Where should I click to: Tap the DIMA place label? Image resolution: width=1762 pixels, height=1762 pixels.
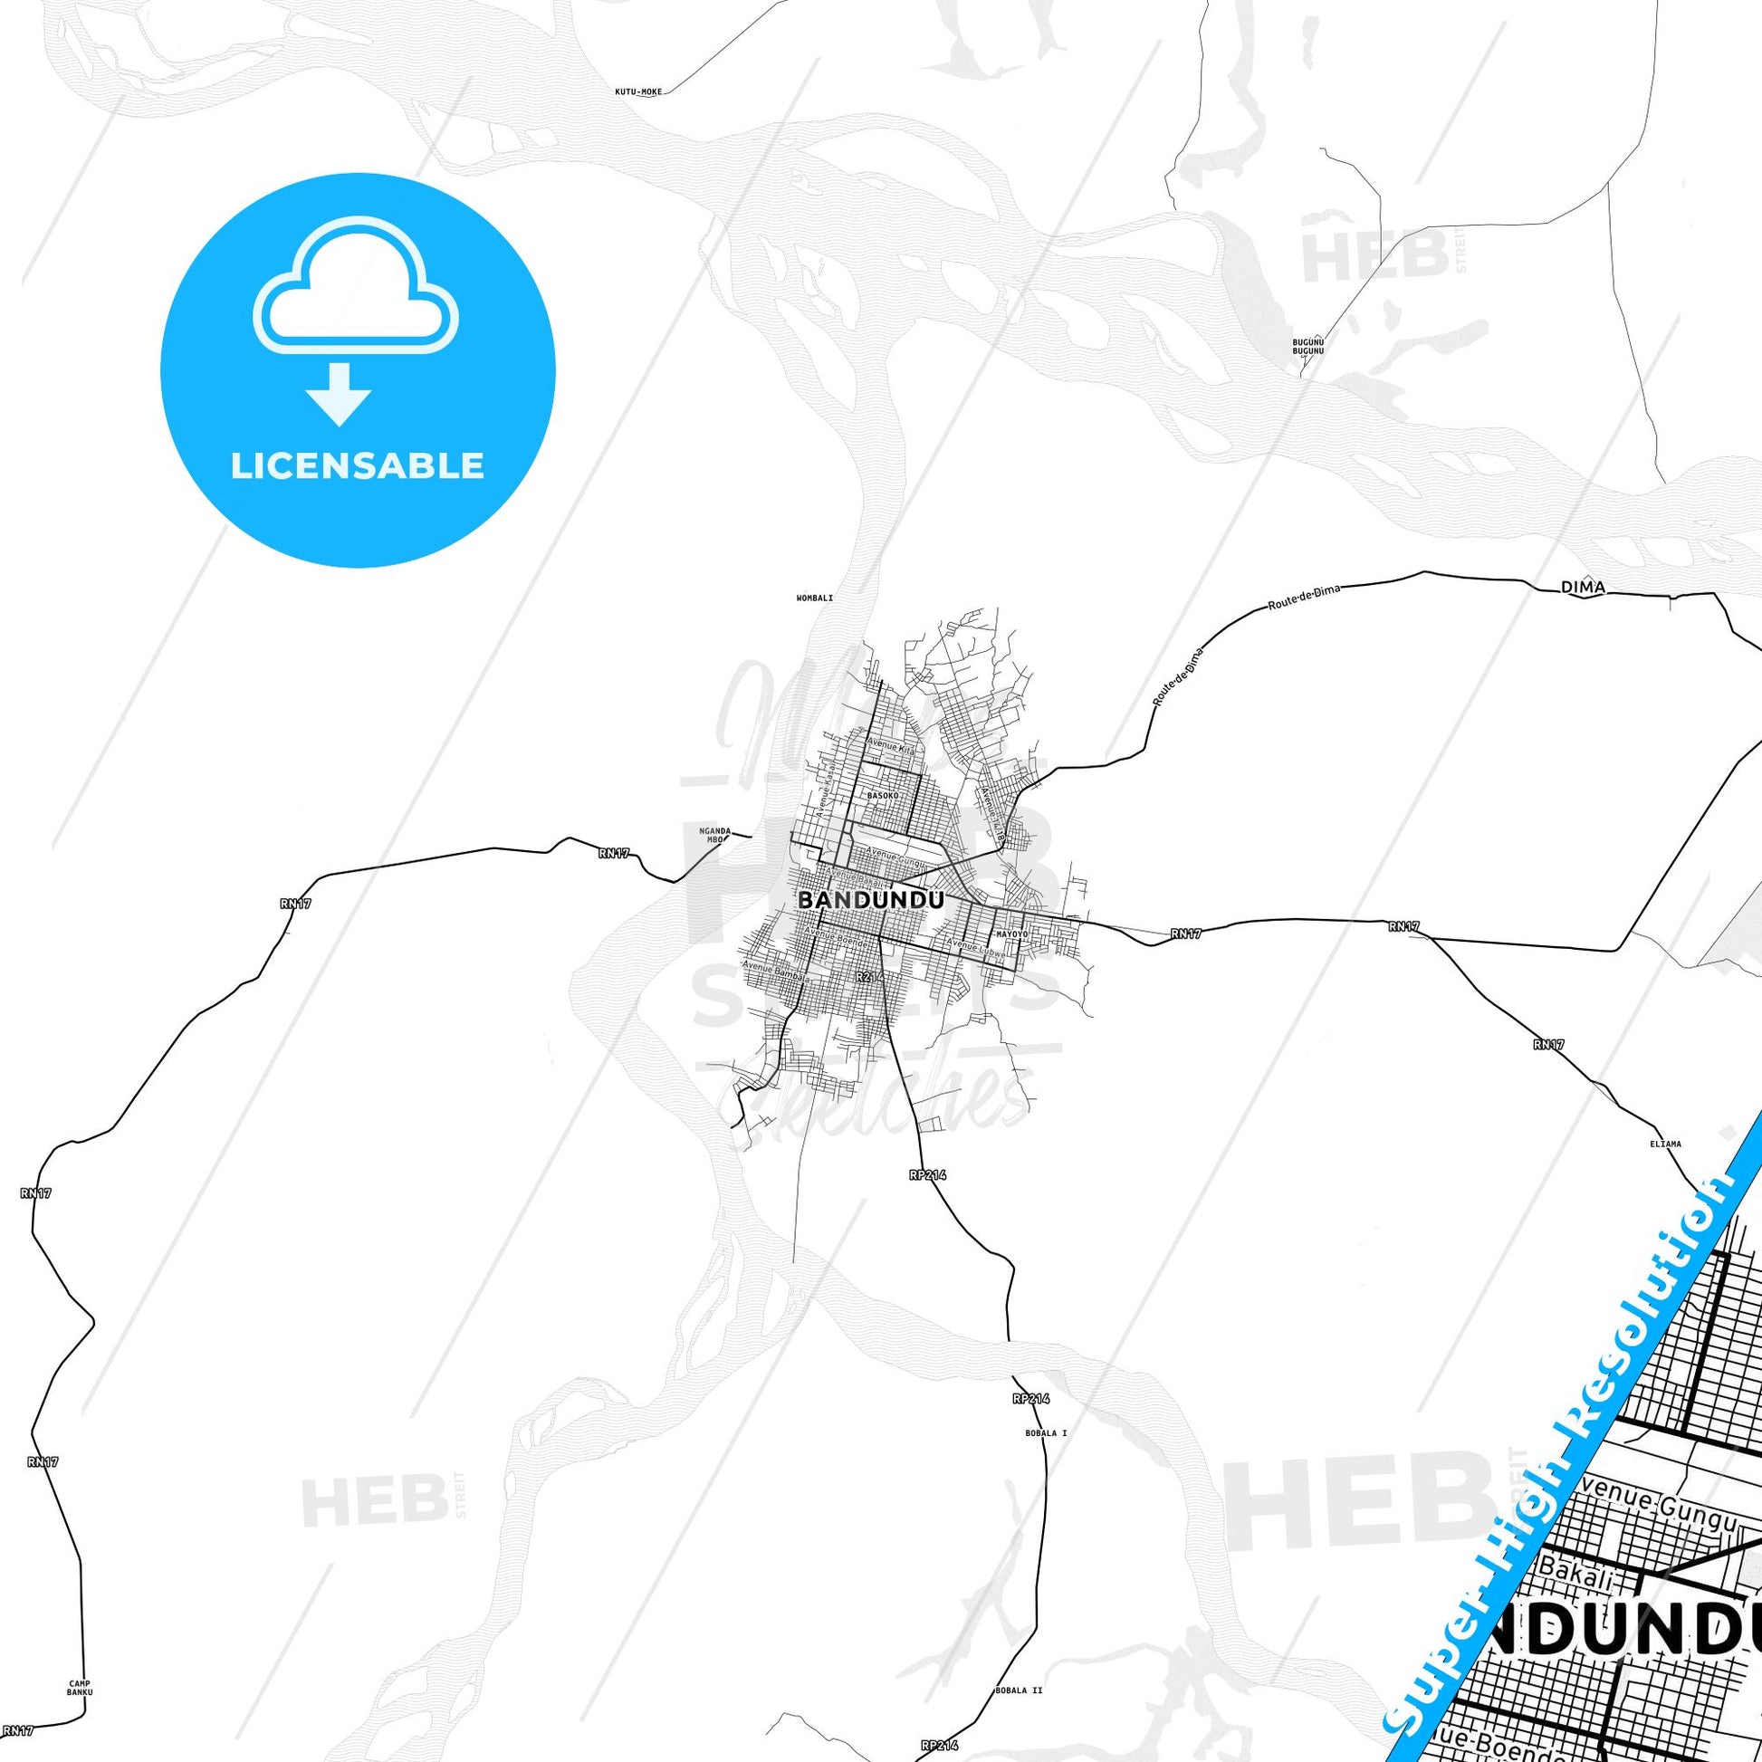[1584, 589]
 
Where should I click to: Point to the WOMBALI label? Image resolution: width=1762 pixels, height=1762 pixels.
[814, 599]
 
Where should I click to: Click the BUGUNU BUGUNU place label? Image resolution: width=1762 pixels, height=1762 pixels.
[1307, 346]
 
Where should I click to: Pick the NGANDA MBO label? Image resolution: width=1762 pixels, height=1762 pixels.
[715, 835]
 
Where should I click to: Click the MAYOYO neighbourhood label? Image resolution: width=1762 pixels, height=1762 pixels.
[1011, 934]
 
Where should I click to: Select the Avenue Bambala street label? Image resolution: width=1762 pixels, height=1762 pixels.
[775, 972]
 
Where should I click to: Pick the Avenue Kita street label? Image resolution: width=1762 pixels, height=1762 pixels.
[889, 746]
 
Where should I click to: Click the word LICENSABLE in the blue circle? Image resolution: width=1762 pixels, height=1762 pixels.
[358, 466]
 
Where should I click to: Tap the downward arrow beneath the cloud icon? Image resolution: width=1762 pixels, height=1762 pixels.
[339, 394]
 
